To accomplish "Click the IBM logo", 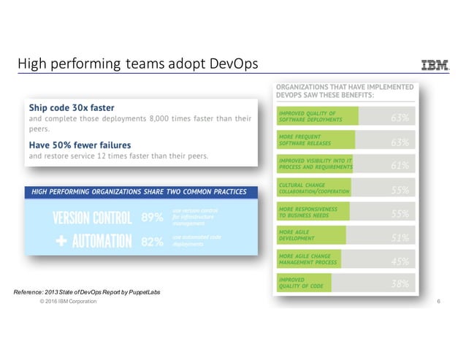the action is point(435,66).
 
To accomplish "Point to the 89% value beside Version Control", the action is point(151,218).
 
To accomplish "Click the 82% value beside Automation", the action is point(151,242).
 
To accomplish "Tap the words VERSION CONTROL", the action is point(93,218).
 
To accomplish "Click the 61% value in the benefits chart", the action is point(399,165).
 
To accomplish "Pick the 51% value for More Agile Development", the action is point(399,237).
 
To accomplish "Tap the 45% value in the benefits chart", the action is point(399,261).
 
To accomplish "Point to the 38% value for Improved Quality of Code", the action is point(399,284).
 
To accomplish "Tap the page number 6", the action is point(437,302).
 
